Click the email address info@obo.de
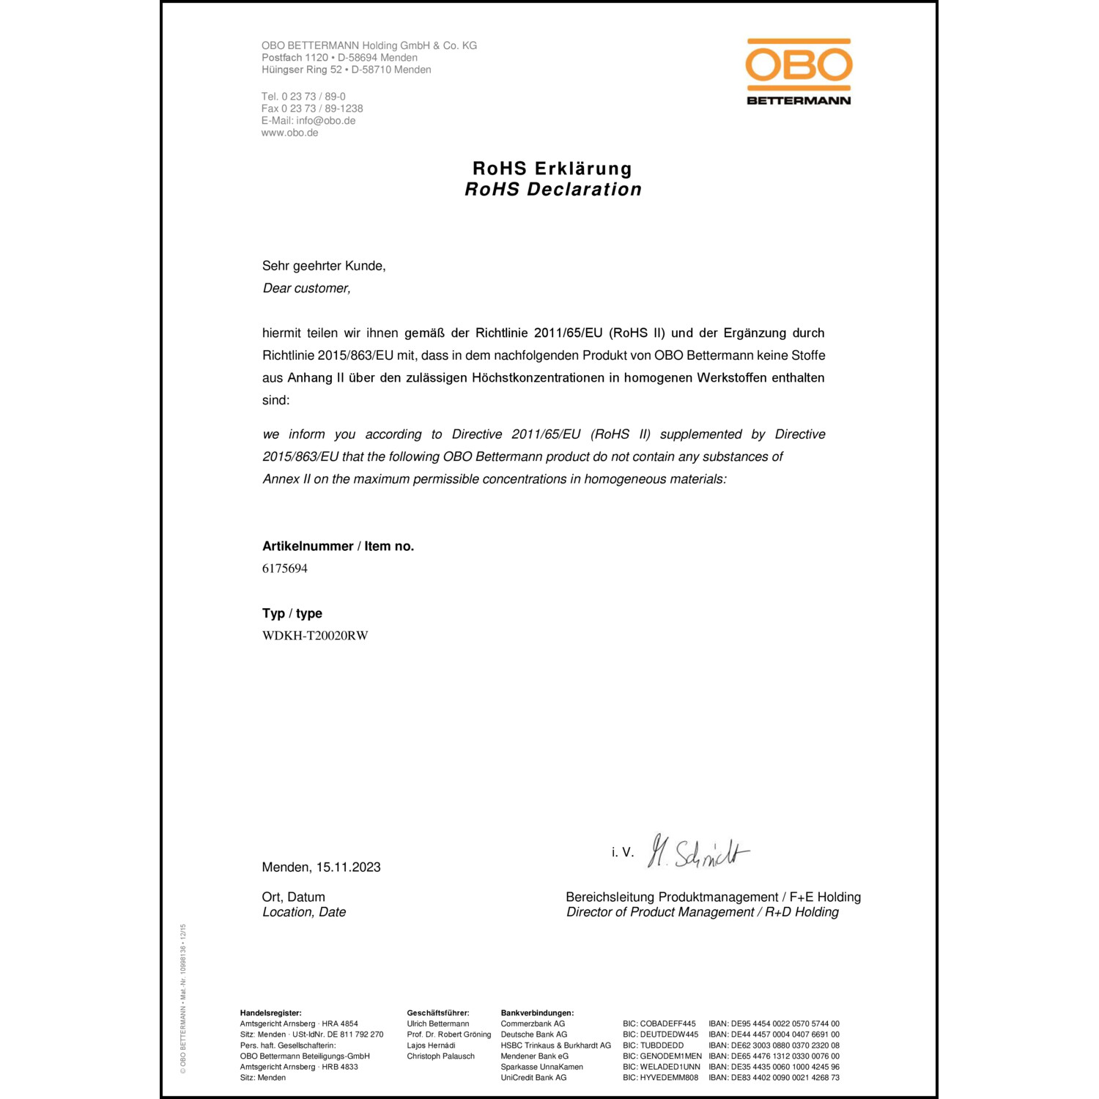[326, 121]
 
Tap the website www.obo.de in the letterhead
[290, 133]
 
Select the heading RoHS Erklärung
[552, 169]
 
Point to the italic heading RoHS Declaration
[553, 190]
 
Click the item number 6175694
[285, 569]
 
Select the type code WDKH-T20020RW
[315, 636]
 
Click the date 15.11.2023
[349, 867]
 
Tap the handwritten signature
[698, 852]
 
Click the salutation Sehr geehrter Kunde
[324, 266]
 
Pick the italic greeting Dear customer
[307, 289]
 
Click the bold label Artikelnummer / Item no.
[338, 547]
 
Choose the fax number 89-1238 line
[312, 108]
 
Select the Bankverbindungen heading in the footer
[537, 1013]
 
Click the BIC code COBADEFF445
[659, 1024]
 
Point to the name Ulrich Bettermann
[438, 1024]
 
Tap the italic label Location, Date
[304, 912]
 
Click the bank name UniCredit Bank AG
[533, 1078]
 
